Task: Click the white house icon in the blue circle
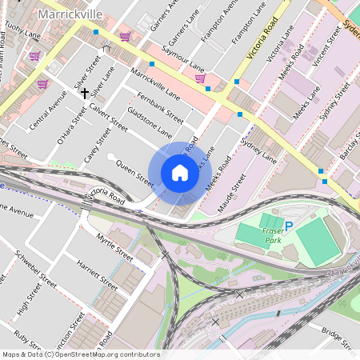(180, 173)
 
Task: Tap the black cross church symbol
(84, 94)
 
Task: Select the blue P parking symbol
(289, 226)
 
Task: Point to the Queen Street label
(134, 171)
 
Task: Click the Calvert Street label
(109, 118)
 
